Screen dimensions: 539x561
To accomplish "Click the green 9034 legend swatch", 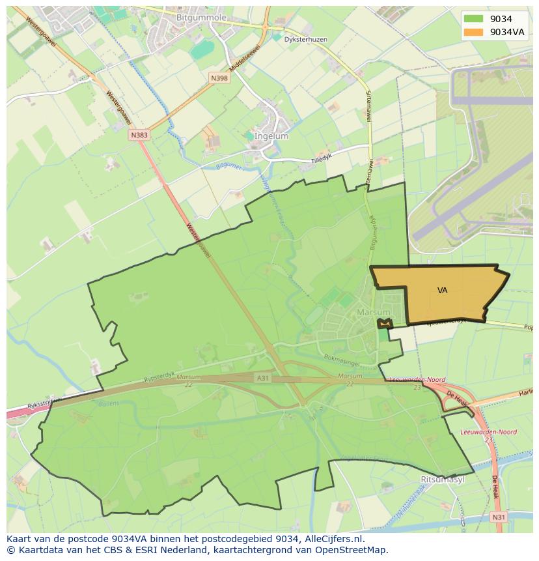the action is coord(473,20).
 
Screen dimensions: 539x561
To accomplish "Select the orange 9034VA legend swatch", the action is coord(473,32).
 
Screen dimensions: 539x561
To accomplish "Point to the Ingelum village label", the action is coord(272,136).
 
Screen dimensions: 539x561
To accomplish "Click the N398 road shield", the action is coord(219,78).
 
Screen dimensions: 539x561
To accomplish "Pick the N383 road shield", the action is coord(139,135).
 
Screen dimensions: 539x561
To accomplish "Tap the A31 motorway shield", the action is coord(262,378).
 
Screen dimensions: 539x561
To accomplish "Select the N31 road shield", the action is coord(498,517).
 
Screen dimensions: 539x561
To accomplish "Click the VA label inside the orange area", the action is coord(443,291).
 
